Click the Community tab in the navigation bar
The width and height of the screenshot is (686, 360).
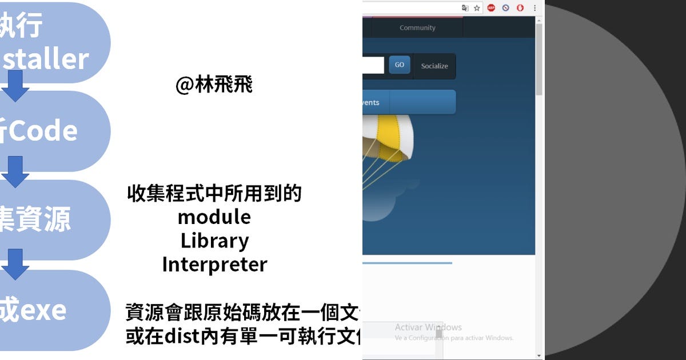[x=417, y=27]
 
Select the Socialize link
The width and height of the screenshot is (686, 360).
[x=434, y=66]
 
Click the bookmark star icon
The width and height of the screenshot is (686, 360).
[x=477, y=8]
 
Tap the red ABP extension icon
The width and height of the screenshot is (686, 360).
[x=491, y=8]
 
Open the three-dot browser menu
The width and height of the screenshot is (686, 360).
[x=535, y=8]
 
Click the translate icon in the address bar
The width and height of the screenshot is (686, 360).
[x=465, y=8]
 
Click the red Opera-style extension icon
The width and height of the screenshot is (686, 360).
[x=520, y=8]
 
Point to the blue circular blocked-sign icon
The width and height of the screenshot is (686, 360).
[x=506, y=8]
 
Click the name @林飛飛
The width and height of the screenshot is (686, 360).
[x=214, y=85]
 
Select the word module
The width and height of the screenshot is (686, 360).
[x=214, y=217]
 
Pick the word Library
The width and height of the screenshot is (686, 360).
[x=214, y=241]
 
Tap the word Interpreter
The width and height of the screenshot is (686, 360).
[x=214, y=265]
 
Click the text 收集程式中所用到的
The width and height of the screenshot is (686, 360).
[x=214, y=194]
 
